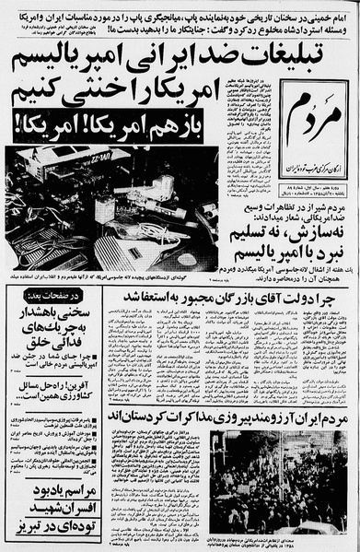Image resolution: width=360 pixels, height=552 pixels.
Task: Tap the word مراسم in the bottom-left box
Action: [82, 496]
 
